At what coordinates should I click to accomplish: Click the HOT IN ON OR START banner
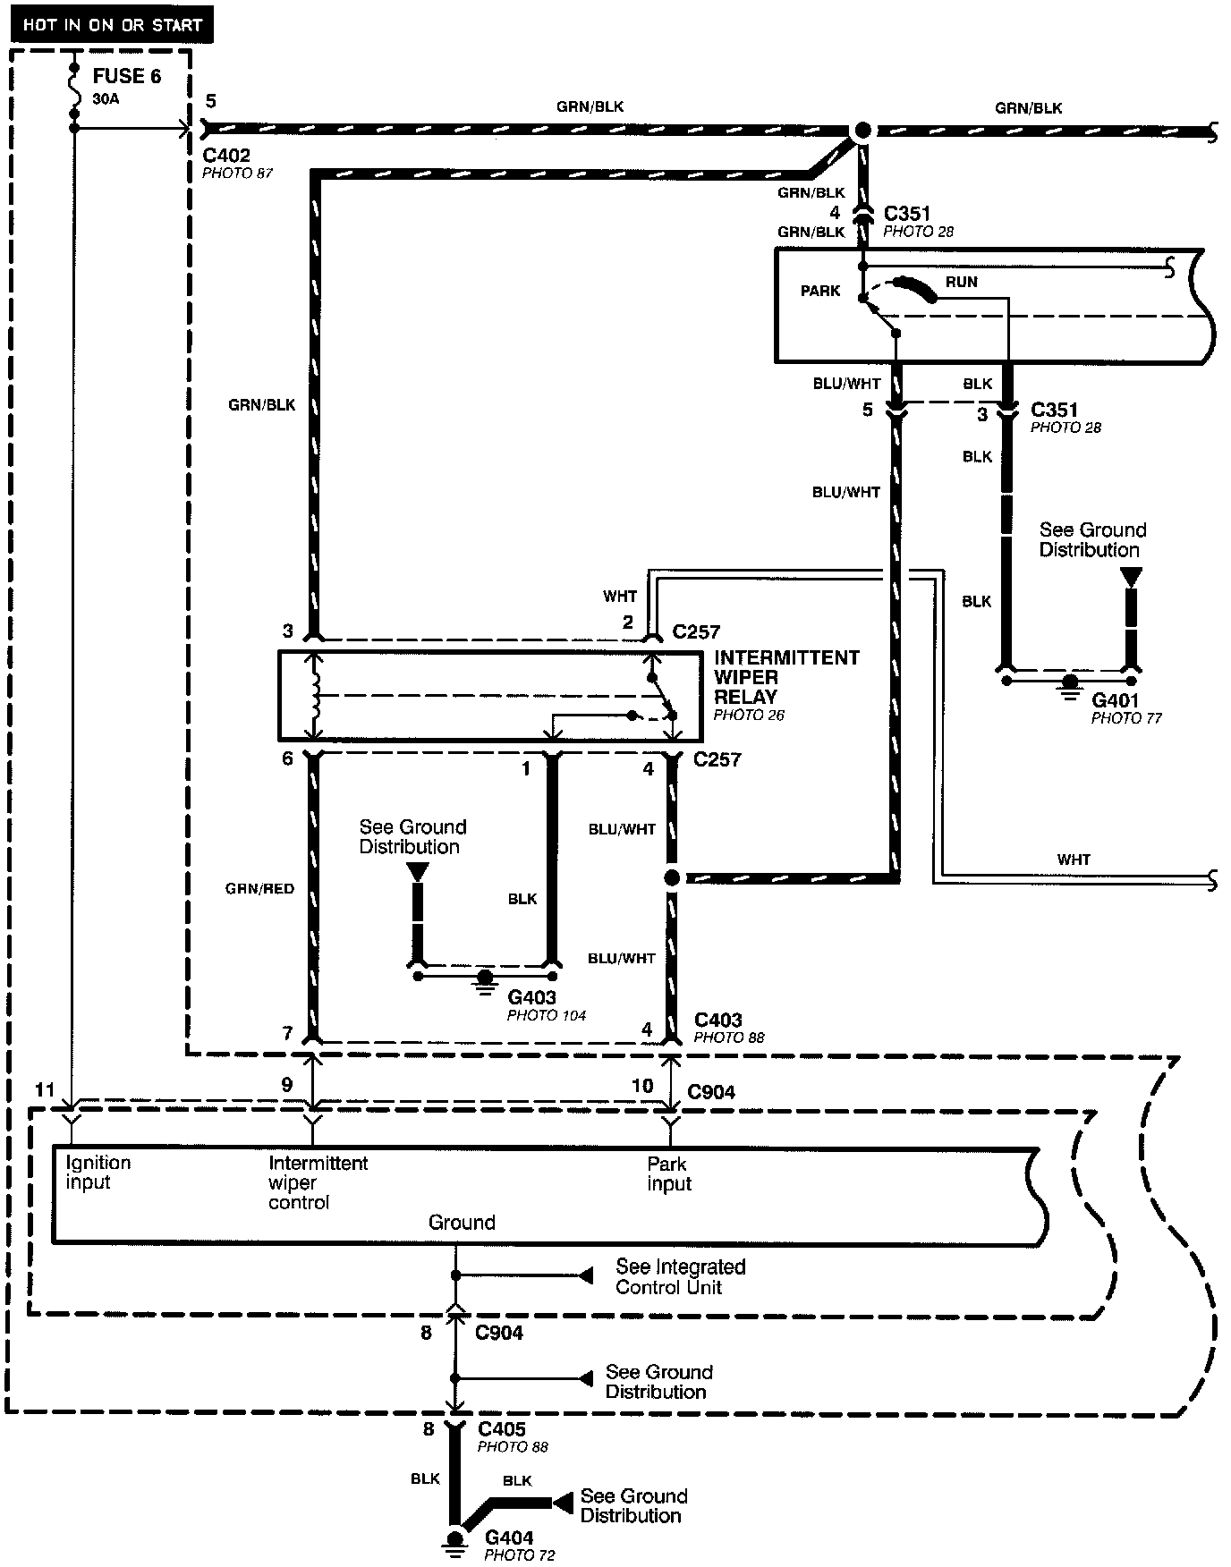[x=112, y=24]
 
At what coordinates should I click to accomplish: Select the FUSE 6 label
[x=127, y=76]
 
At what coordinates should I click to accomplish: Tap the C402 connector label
[x=226, y=155]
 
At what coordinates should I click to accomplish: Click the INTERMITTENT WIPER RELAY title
[x=785, y=677]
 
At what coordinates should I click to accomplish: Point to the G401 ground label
[x=1114, y=701]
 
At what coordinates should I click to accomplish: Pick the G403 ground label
[x=531, y=997]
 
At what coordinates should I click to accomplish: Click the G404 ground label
[x=509, y=1537]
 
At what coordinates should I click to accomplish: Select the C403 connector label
[x=718, y=1020]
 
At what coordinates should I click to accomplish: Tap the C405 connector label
[x=502, y=1429]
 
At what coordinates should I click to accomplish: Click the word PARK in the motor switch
[x=820, y=291]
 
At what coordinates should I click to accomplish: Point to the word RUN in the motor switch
[x=962, y=282]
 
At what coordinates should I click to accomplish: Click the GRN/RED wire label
[x=259, y=889]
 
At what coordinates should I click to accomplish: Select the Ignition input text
[x=98, y=1173]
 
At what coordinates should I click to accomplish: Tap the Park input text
[x=669, y=1174]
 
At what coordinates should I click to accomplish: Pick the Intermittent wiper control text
[x=318, y=1182]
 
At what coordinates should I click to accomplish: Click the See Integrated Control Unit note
[x=680, y=1277]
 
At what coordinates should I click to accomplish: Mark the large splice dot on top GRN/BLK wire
[x=862, y=131]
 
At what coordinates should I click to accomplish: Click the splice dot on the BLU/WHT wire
[x=672, y=878]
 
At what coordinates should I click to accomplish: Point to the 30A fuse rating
[x=106, y=98]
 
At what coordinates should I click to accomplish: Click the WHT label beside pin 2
[x=620, y=596]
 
